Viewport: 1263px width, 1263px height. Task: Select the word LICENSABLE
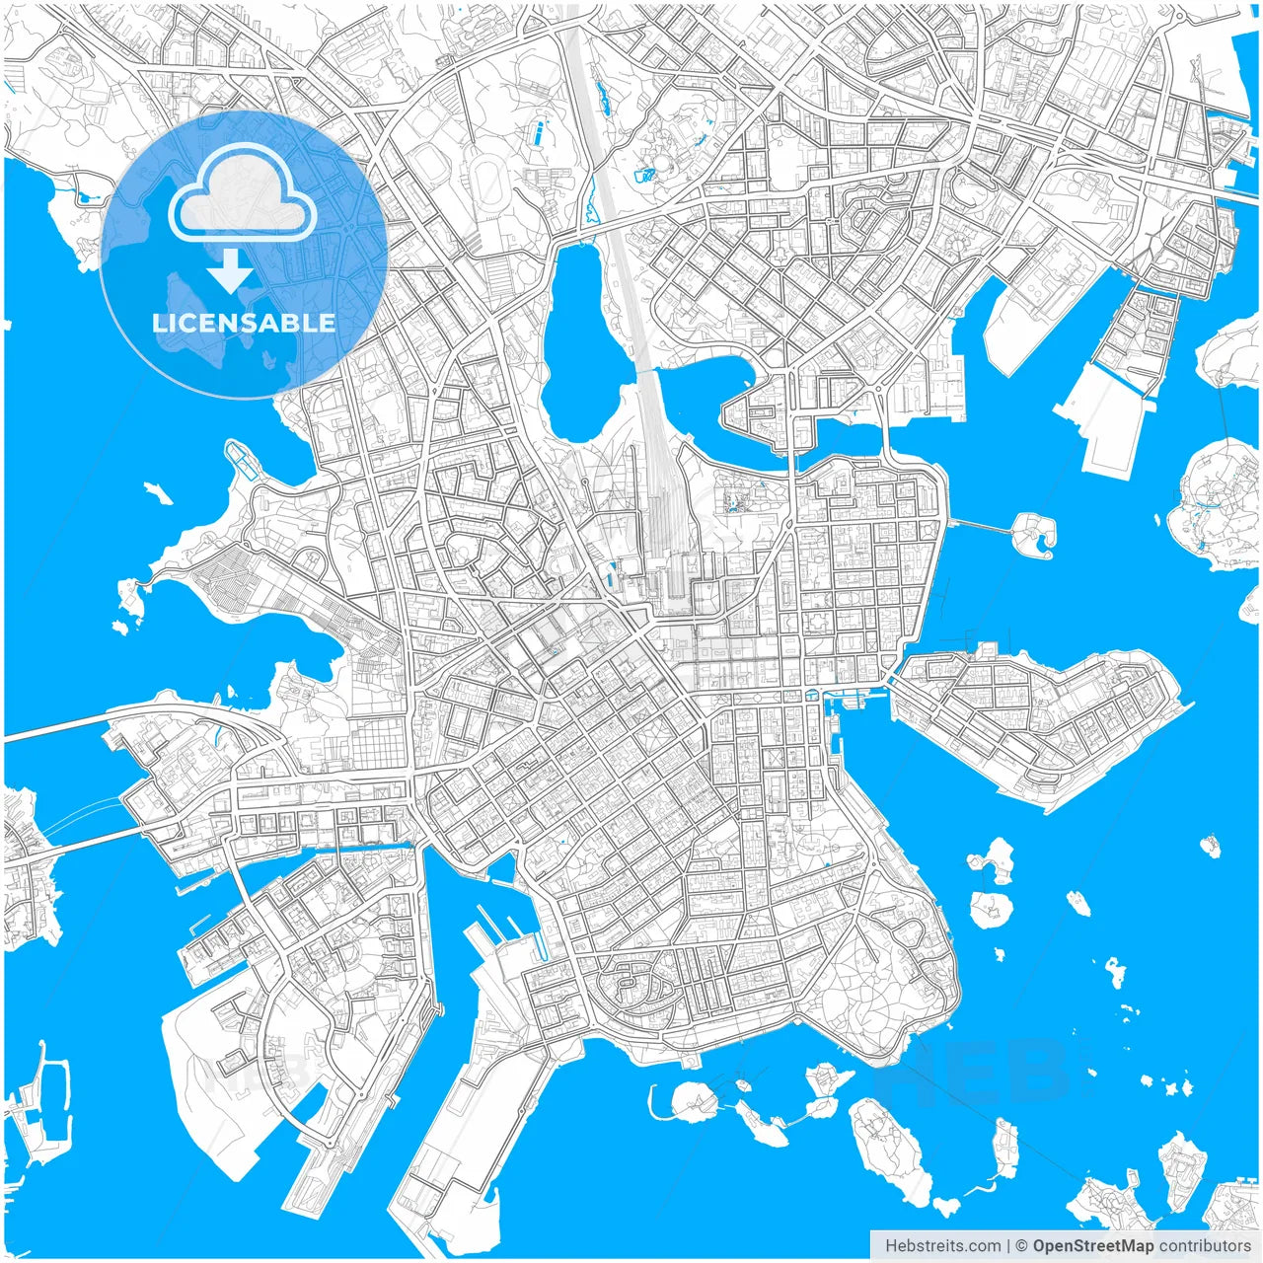coord(244,323)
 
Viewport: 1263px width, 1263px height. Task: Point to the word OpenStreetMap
coord(1092,1246)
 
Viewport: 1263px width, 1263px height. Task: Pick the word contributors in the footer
coord(1205,1246)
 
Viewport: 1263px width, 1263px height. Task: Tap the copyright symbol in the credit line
coord(1022,1246)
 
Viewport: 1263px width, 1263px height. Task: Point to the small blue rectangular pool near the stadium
coord(541,130)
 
